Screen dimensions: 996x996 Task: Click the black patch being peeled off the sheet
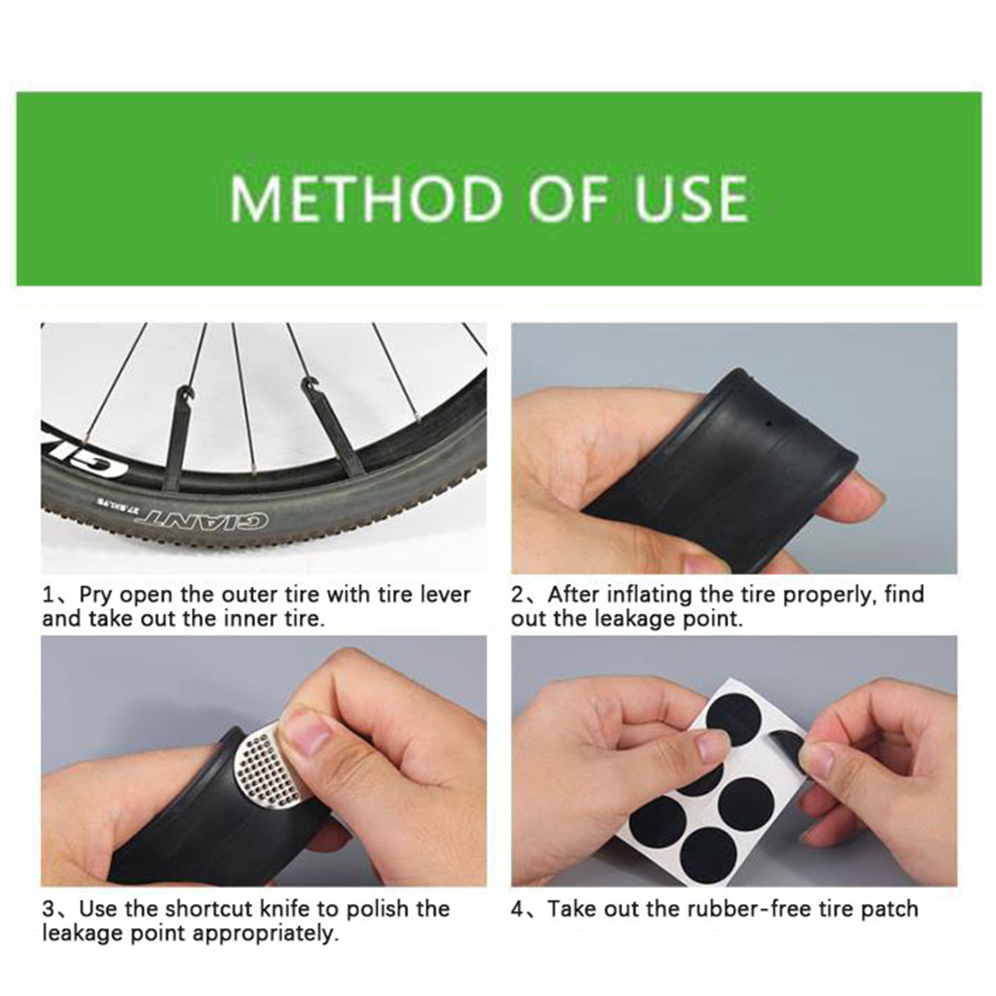[x=786, y=744]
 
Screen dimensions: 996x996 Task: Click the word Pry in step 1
[x=95, y=595]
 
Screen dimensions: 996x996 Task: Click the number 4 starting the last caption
[x=517, y=909]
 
